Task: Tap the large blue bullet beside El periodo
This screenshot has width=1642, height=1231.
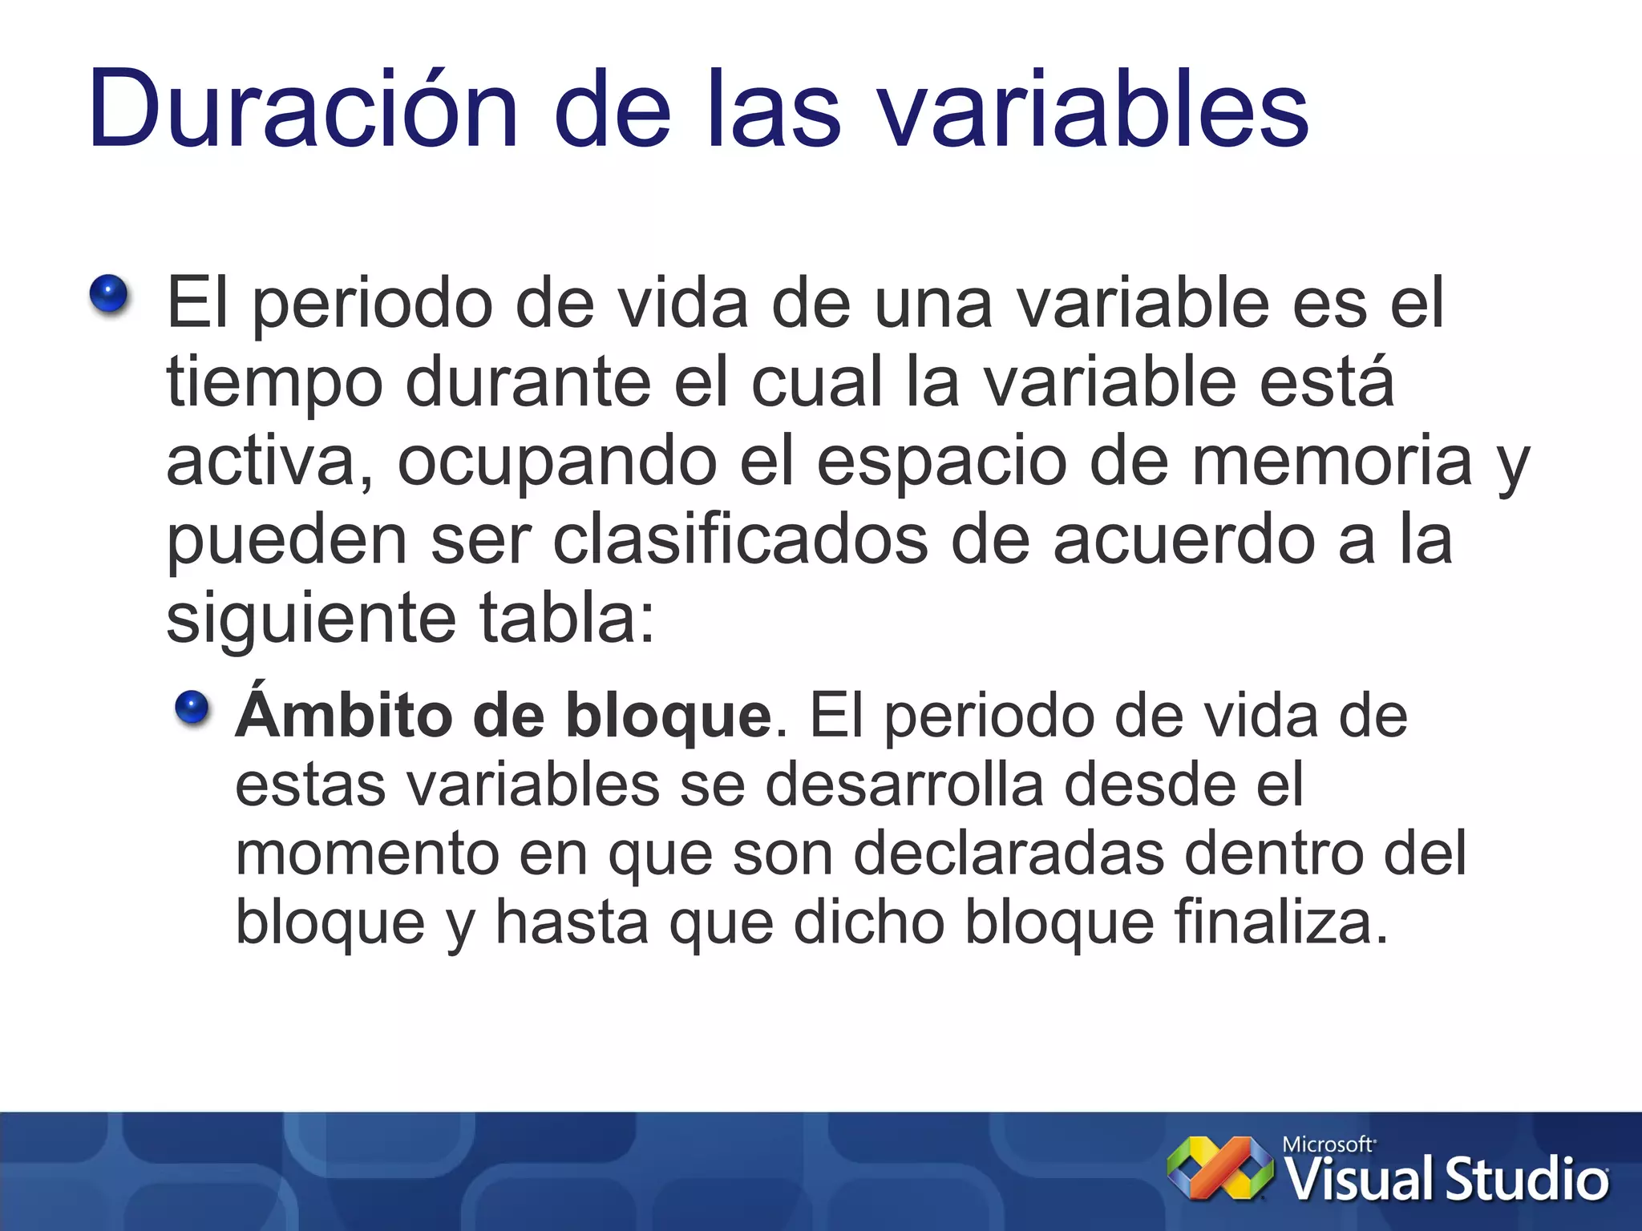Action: coord(109,294)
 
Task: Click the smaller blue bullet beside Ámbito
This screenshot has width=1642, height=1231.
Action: coord(192,708)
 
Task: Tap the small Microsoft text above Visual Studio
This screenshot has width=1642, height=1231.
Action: coord(1328,1144)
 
